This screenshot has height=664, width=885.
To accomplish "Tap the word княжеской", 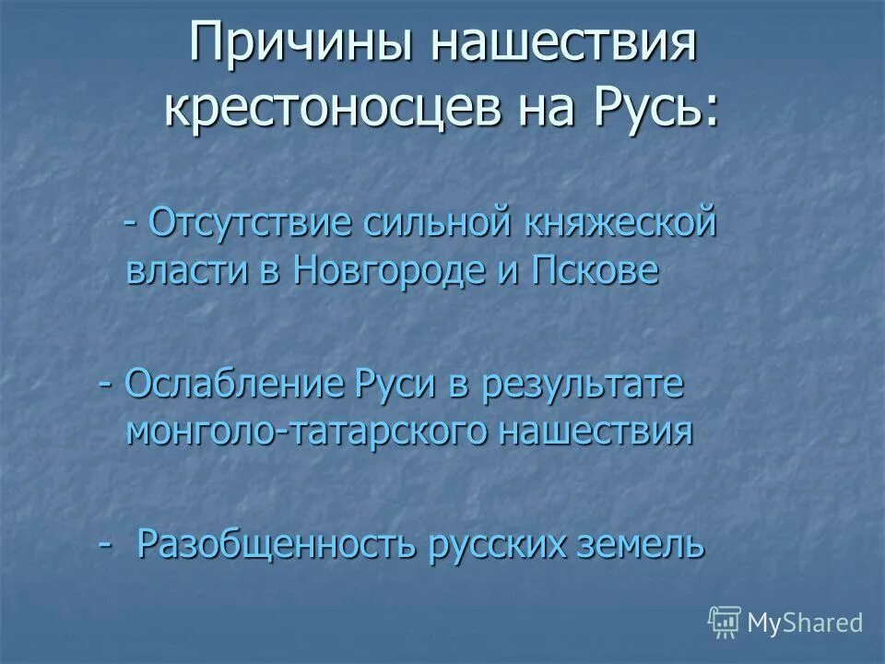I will (620, 224).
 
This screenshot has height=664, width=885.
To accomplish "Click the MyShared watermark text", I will (804, 623).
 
